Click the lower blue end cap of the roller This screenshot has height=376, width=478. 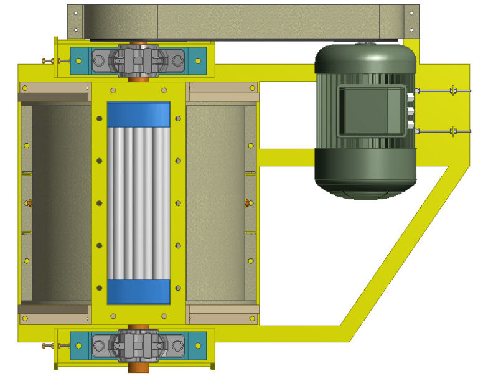138,291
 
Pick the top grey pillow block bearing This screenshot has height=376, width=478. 138,60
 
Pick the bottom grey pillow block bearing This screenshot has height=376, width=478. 138,344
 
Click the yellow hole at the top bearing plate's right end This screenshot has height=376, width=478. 199,60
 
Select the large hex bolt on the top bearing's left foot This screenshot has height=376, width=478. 99,61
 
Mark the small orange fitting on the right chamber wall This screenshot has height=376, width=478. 248,202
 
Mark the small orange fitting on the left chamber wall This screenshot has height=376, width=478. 29,202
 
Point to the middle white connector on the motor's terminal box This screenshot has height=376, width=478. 411,112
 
